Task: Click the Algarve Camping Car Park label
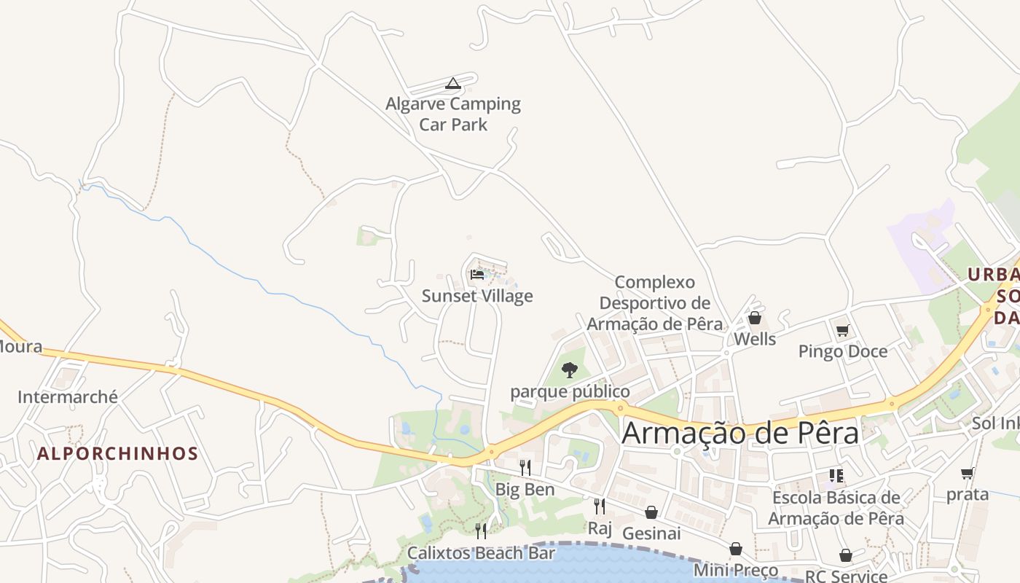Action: point(453,114)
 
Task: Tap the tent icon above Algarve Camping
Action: point(453,84)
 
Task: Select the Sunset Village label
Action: point(477,296)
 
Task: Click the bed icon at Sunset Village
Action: point(477,275)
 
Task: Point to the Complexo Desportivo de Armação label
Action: point(654,303)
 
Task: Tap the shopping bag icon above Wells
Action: point(755,318)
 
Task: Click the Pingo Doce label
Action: point(843,351)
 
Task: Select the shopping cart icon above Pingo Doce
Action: point(843,331)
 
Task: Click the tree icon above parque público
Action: point(570,370)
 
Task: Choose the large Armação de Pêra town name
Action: point(740,433)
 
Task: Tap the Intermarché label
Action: point(68,397)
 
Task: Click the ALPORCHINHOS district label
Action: point(118,454)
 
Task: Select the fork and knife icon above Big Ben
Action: point(525,467)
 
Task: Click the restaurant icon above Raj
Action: point(600,506)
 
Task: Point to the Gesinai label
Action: point(651,533)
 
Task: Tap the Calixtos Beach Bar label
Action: point(481,553)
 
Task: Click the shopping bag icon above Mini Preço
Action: point(736,549)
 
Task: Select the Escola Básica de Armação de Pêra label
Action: point(836,509)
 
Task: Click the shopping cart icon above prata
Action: point(968,474)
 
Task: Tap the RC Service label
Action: point(846,576)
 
